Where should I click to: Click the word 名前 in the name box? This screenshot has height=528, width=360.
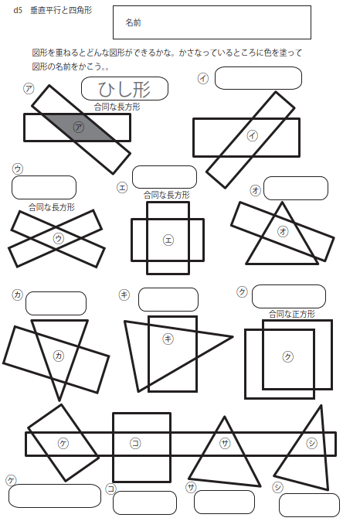coord(133,22)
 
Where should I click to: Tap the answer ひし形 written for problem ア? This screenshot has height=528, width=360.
coord(124,89)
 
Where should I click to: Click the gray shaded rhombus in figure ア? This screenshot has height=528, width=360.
coord(78,127)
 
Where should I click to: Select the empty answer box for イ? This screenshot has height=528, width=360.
coord(258,78)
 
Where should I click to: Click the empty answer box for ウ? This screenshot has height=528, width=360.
coord(44,188)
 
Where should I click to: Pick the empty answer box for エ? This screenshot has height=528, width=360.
coord(165,177)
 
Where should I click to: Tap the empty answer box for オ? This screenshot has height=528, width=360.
coord(296,188)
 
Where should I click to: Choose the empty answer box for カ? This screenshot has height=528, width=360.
coord(56,303)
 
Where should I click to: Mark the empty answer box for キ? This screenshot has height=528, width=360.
coord(168,299)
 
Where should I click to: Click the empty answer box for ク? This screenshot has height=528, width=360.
coord(289,296)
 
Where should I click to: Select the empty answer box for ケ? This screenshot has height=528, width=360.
coord(55,496)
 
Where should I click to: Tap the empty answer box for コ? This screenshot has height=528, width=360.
coord(144,502)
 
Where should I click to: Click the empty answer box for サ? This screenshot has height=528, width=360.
coord(224,502)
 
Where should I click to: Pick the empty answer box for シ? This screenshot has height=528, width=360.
coord(309,505)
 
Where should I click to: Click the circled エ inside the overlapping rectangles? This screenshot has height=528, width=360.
coord(168,240)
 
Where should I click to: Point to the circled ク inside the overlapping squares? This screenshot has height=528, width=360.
coord(287,356)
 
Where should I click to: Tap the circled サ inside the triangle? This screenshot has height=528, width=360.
coord(225,444)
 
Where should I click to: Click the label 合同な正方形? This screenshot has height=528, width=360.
coord(292,314)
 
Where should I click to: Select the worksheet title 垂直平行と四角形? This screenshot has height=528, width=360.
coord(61,11)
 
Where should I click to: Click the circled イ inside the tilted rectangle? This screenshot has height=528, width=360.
coord(253,136)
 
